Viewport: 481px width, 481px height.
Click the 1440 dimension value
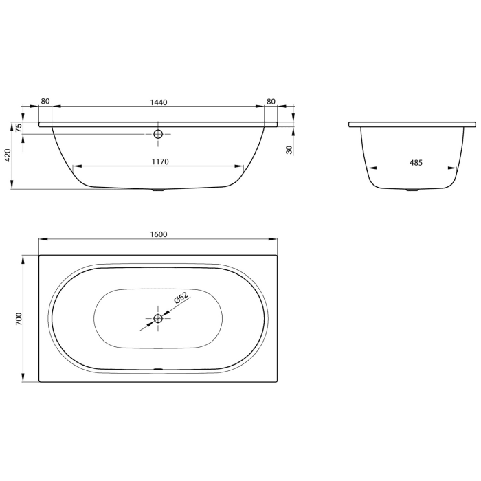tap(159, 102)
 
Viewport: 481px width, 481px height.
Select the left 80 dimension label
tap(45, 102)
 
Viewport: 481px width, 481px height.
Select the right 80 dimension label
tap(271, 102)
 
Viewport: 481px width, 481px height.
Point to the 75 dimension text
tap(19, 127)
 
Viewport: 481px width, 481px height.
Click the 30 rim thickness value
tap(289, 149)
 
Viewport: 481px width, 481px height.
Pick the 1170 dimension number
tap(159, 161)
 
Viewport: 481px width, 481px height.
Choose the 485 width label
tap(415, 163)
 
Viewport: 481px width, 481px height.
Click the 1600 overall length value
tap(159, 234)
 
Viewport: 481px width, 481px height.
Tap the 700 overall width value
tap(19, 318)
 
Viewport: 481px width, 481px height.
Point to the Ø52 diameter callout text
tap(181, 299)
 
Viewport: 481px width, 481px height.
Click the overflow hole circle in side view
tap(158, 134)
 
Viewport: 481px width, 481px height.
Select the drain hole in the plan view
tap(158, 318)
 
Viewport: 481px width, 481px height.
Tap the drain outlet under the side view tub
tap(158, 190)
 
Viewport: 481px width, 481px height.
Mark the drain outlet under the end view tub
tap(412, 190)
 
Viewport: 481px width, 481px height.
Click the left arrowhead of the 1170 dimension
tap(76, 166)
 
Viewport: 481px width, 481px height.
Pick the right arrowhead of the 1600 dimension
tap(274, 239)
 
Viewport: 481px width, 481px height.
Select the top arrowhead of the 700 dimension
tap(25, 258)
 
